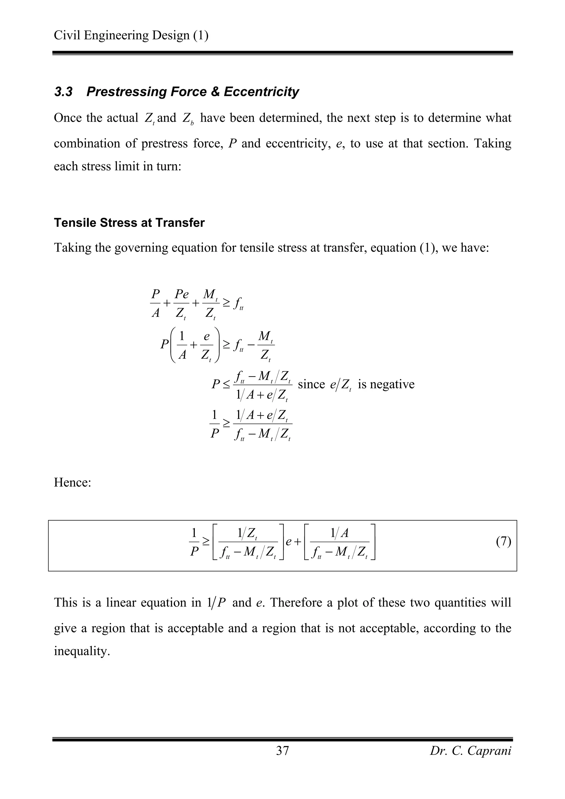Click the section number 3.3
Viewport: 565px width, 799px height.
pyautogui.click(x=63, y=92)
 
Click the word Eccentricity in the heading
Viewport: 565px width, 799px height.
pyautogui.click(x=261, y=92)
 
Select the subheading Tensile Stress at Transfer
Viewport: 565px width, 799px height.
pyautogui.click(x=129, y=223)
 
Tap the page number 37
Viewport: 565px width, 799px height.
pyautogui.click(x=282, y=751)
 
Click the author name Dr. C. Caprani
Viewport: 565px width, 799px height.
pyautogui.click(x=470, y=751)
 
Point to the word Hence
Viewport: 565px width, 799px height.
pyautogui.click(x=72, y=483)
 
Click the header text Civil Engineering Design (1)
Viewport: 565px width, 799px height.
pyautogui.click(x=131, y=36)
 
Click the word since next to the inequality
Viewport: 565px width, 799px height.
pyautogui.click(x=311, y=384)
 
